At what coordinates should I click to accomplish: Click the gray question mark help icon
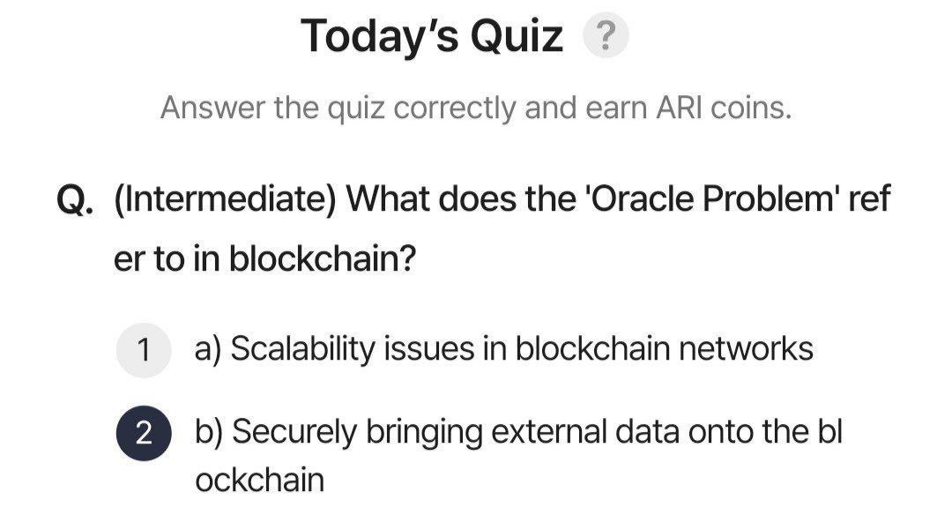(606, 36)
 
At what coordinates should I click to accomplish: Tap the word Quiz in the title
(517, 36)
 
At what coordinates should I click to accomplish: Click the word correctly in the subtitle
(456, 109)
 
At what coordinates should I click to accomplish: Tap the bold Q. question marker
(75, 199)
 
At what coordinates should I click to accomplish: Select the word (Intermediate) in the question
(225, 198)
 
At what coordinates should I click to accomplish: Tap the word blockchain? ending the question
(323, 258)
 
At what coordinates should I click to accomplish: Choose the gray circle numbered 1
(144, 350)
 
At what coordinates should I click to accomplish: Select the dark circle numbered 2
(144, 433)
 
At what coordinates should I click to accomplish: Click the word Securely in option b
(294, 433)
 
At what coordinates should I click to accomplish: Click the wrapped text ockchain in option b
(260, 480)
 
